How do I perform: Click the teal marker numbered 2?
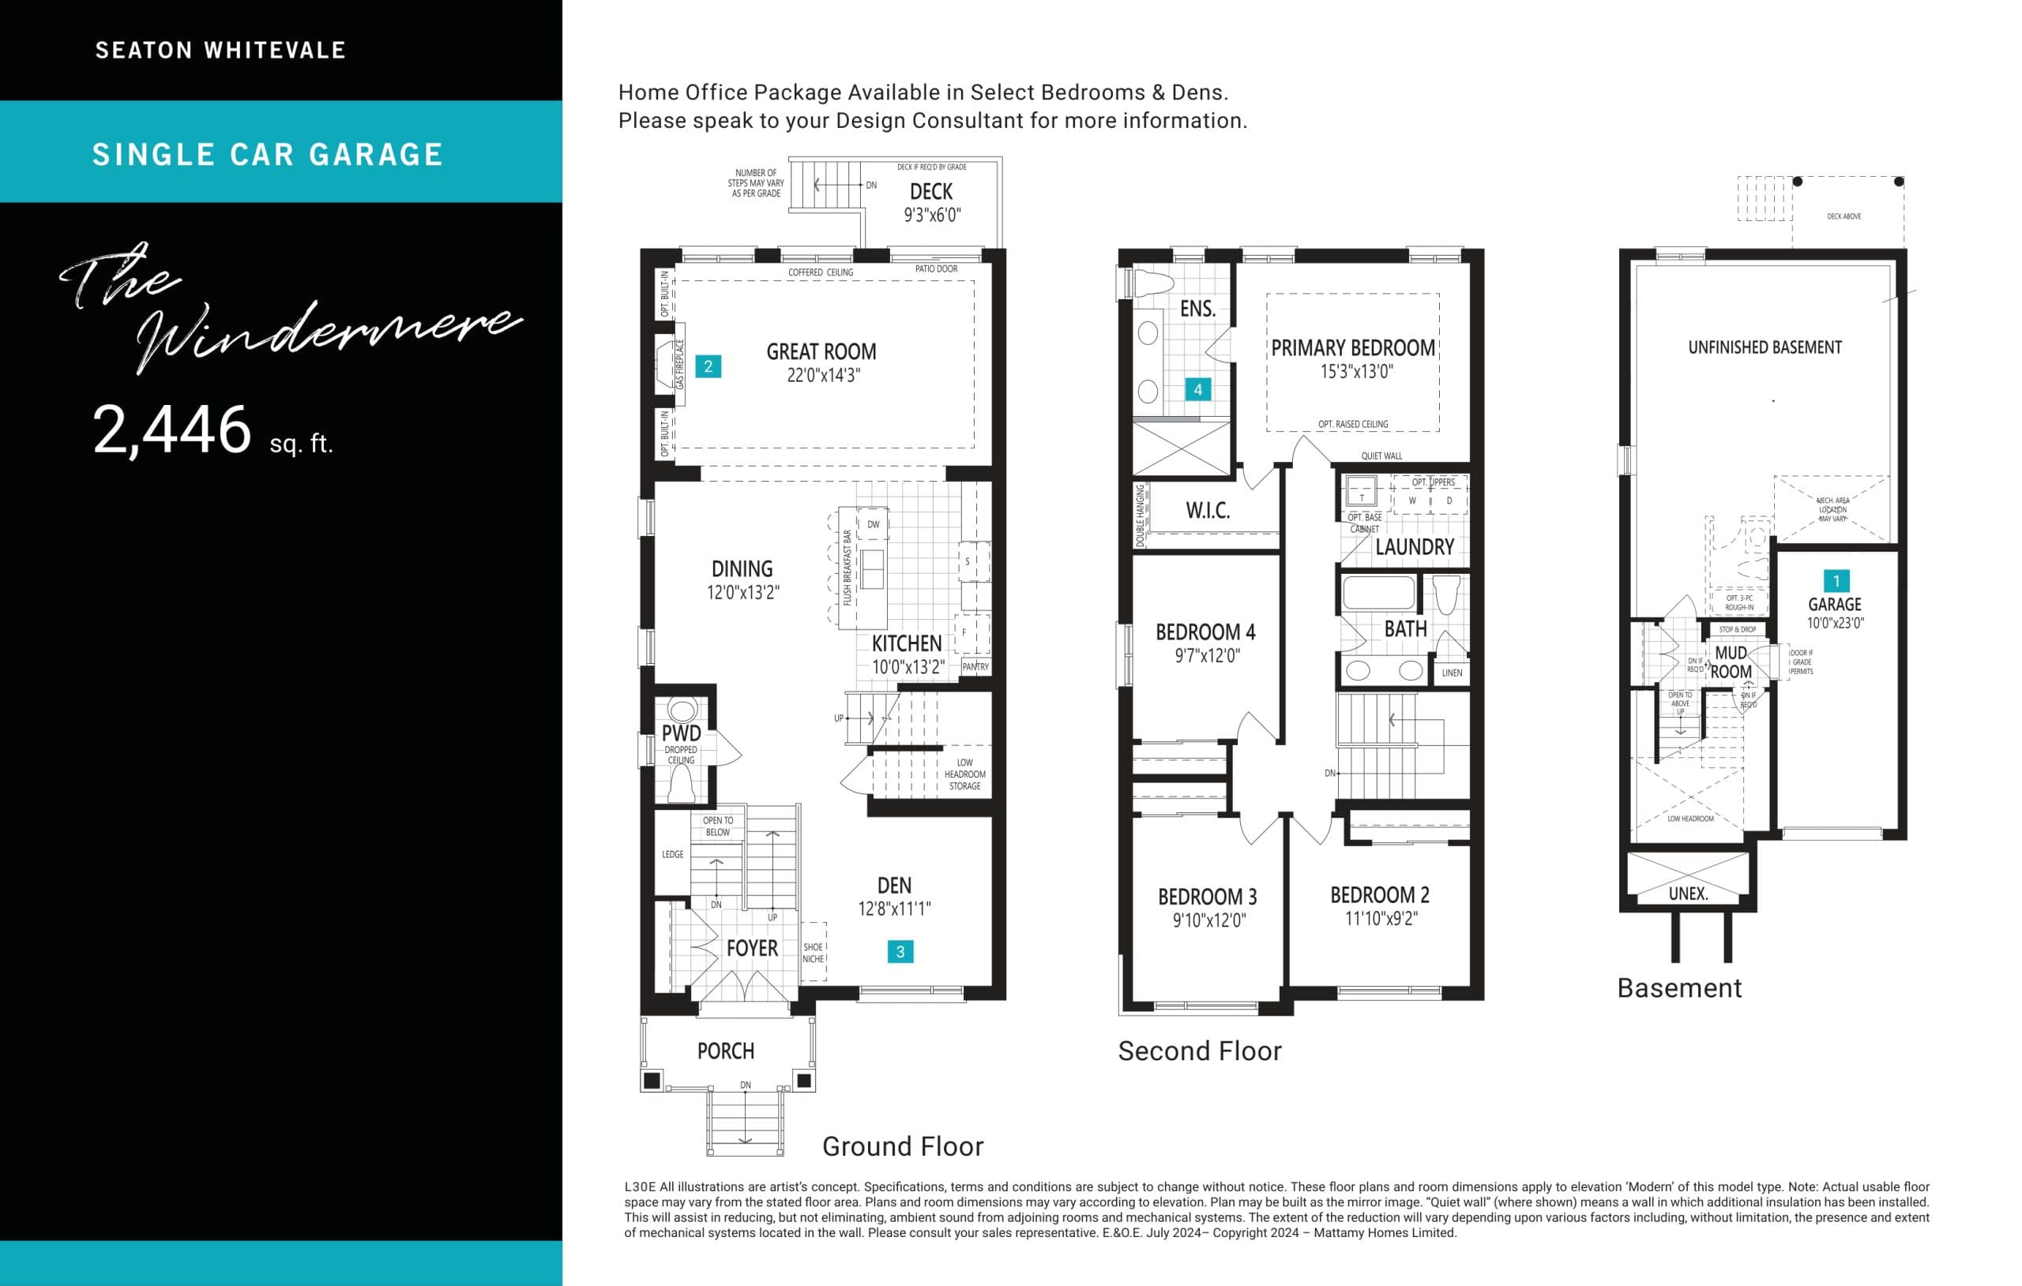pyautogui.click(x=708, y=366)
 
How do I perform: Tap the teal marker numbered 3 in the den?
pyautogui.click(x=900, y=951)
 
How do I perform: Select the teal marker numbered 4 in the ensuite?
pyautogui.click(x=1197, y=389)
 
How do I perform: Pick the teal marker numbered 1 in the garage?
pyautogui.click(x=1836, y=581)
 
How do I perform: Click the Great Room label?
pyautogui.click(x=821, y=352)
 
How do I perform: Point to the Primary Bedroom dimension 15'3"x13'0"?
pyautogui.click(x=1357, y=372)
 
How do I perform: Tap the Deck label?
pyautogui.click(x=931, y=192)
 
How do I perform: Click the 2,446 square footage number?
pyautogui.click(x=172, y=429)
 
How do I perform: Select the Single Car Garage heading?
pyautogui.click(x=267, y=155)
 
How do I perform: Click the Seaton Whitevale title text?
pyautogui.click(x=221, y=51)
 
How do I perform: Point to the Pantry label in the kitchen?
pyautogui.click(x=975, y=666)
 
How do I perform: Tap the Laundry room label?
pyautogui.click(x=1415, y=547)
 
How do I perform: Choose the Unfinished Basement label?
pyautogui.click(x=1765, y=347)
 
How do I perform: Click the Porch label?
pyautogui.click(x=726, y=1051)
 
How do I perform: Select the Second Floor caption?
pyautogui.click(x=1200, y=1051)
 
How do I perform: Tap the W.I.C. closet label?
pyautogui.click(x=1208, y=510)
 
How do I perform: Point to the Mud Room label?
pyautogui.click(x=1731, y=662)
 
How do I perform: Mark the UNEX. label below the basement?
pyautogui.click(x=1688, y=894)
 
